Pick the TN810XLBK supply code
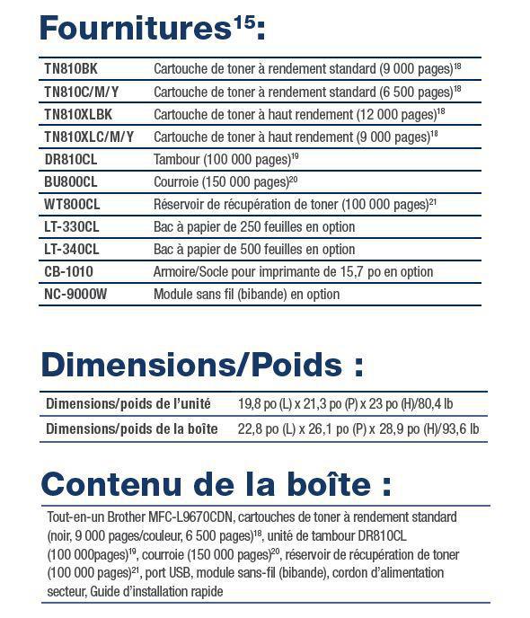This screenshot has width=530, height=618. tap(79, 114)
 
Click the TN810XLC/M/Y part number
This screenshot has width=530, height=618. tap(89, 137)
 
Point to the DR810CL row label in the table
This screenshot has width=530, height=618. tap(71, 159)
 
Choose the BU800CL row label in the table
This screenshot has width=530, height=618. tap(71, 181)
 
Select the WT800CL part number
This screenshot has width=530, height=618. tap(72, 204)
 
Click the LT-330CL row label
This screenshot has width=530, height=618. tap(72, 226)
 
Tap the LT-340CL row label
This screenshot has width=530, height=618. tap(72, 249)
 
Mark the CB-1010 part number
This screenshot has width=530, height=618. tap(68, 271)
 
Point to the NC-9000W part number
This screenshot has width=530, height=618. tap(75, 294)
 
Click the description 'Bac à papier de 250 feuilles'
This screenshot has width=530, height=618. tap(254, 226)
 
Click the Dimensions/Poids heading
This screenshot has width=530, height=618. tap(202, 366)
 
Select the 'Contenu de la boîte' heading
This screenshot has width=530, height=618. tap(216, 484)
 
